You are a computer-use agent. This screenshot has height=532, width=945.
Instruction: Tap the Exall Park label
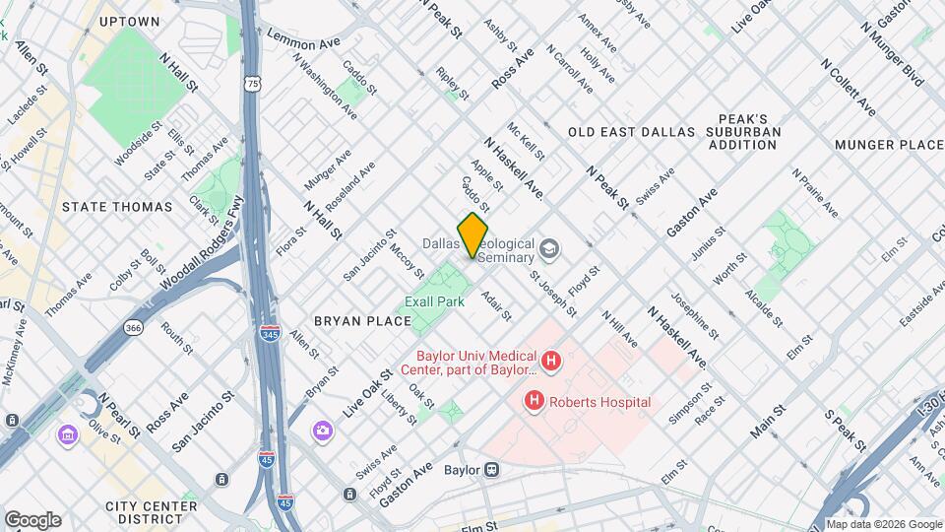[x=435, y=301]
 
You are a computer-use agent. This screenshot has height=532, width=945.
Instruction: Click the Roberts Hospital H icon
[x=535, y=401]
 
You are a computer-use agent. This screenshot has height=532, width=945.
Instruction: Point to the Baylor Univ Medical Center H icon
[x=551, y=362]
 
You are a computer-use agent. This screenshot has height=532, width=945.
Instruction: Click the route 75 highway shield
[x=255, y=86]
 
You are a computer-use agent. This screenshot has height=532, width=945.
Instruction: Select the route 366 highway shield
[x=133, y=326]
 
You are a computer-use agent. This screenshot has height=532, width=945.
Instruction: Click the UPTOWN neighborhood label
[x=130, y=21]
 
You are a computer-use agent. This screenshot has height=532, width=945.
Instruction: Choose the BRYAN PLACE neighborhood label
[x=362, y=321]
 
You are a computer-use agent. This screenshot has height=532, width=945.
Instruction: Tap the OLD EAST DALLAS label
[x=631, y=131]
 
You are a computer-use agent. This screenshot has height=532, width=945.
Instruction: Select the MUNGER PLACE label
[x=889, y=145]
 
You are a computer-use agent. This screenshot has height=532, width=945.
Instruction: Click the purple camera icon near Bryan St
[x=322, y=431]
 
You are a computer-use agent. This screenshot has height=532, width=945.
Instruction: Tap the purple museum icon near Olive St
[x=68, y=434]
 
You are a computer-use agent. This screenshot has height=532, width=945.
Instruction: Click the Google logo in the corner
[x=32, y=519]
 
